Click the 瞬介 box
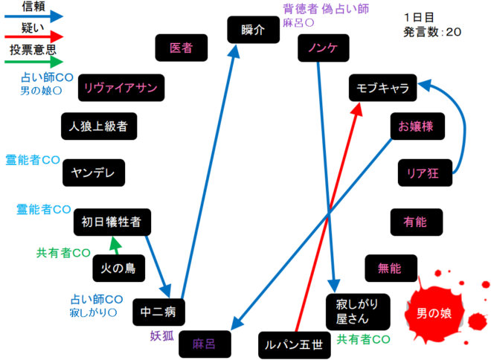[253, 30]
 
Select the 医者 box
[181, 48]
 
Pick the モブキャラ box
[382, 89]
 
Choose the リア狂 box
[423, 173]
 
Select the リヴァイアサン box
[120, 89]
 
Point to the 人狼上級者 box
[99, 126]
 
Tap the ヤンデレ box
[93, 173]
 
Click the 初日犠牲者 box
[112, 221]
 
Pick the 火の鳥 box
[118, 268]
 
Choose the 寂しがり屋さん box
[358, 311]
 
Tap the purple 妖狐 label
[162, 335]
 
